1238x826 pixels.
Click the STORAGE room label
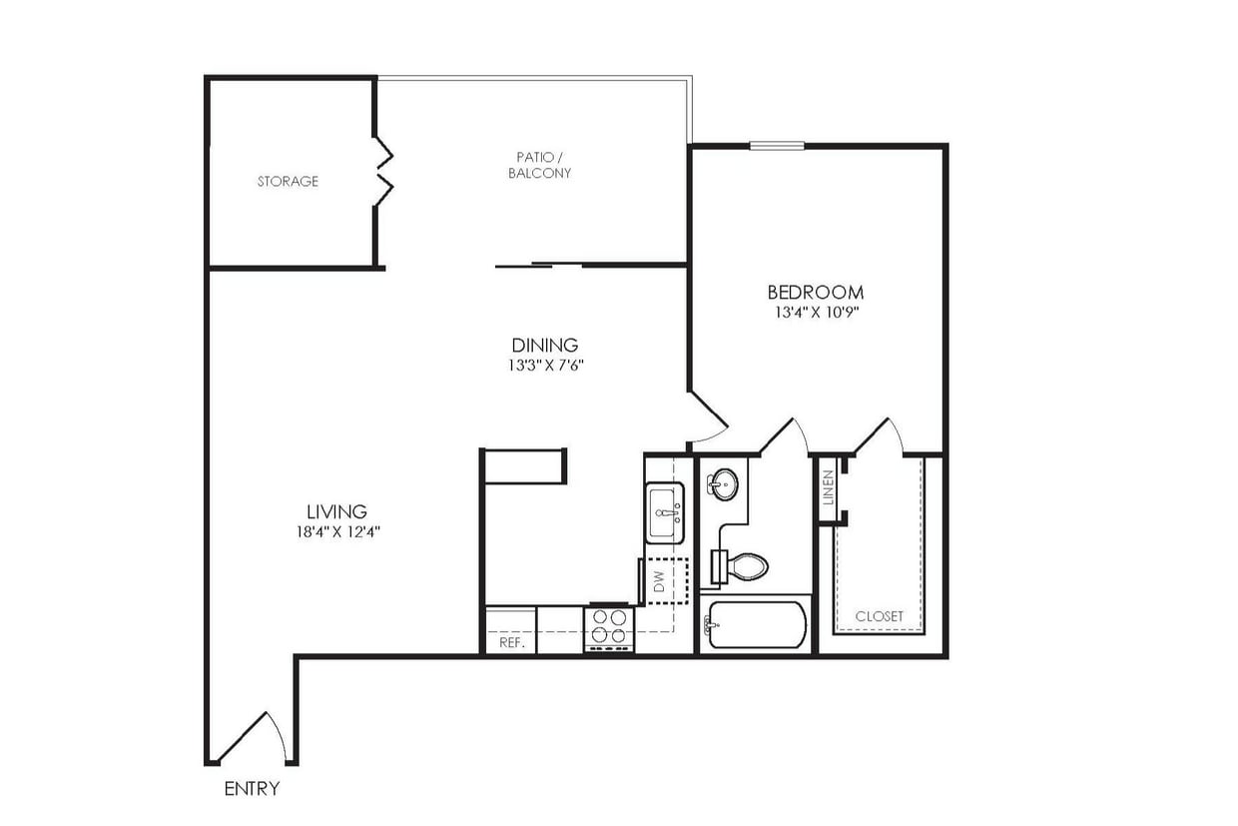(x=288, y=182)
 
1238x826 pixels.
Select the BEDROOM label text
(x=815, y=293)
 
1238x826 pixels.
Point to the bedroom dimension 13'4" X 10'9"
(x=815, y=312)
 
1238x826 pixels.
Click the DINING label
(x=544, y=346)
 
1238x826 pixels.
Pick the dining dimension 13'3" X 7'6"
(x=544, y=366)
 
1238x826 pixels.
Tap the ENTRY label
(x=251, y=789)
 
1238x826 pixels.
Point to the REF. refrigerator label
(x=511, y=643)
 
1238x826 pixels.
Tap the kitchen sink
(x=664, y=512)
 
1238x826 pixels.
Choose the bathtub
(x=754, y=625)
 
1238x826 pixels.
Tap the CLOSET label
(x=879, y=616)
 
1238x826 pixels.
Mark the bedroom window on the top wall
(x=777, y=146)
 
